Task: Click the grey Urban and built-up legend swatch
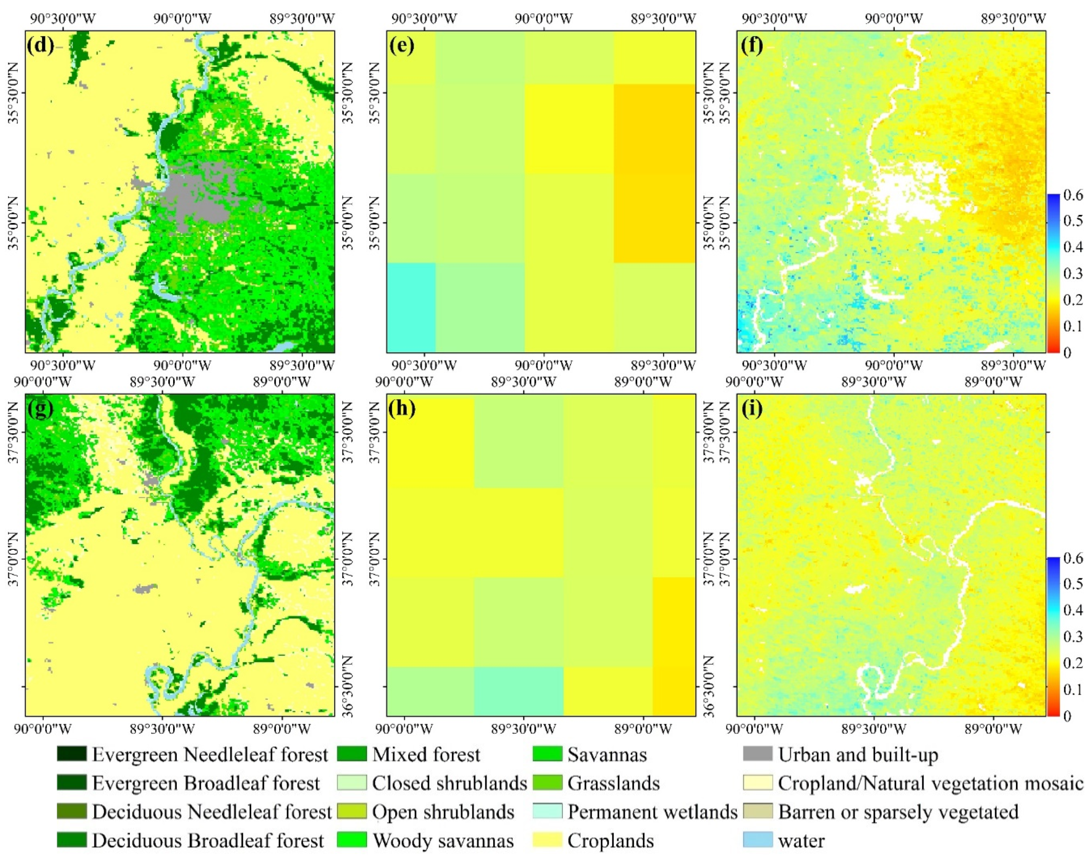click(x=757, y=754)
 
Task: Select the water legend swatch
click(x=757, y=840)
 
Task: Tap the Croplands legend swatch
click(x=547, y=840)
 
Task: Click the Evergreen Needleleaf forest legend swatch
click(x=72, y=754)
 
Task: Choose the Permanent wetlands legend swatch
click(x=547, y=812)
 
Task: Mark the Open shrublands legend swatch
click(x=351, y=812)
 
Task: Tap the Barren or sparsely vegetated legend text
click(x=898, y=812)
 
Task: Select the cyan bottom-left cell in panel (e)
click(x=410, y=307)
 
